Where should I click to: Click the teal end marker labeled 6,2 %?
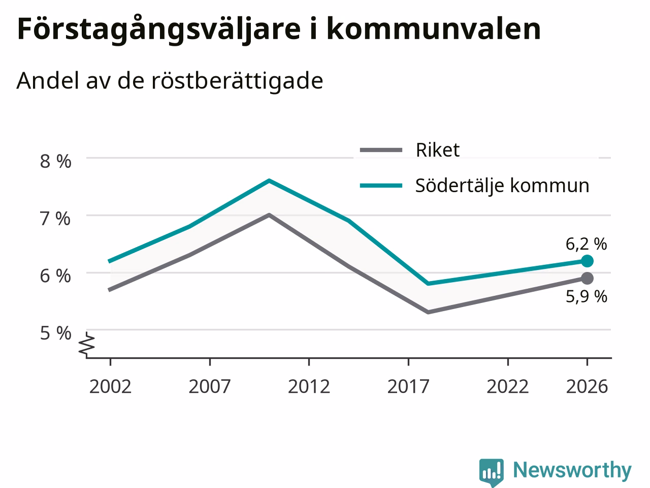coord(587,261)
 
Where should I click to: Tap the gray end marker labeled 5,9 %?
coord(587,278)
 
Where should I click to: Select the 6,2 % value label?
coord(587,245)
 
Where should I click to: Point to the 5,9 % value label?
coord(587,296)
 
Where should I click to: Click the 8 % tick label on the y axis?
coord(56,162)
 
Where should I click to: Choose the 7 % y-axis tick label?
coord(55,219)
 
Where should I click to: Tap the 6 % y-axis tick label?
coord(55,276)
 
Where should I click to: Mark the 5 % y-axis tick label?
coord(56,333)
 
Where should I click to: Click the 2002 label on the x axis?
coord(110,387)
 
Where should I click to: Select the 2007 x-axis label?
coord(210,387)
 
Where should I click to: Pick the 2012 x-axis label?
coord(309,387)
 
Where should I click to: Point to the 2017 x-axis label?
coord(408,387)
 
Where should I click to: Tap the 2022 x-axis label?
coord(508,387)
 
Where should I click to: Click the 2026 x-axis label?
coord(587,387)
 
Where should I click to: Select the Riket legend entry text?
coord(438,150)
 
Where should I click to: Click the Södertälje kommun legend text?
coord(502,186)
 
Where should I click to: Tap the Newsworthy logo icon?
coord(492,472)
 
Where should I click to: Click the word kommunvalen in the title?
coord(434,29)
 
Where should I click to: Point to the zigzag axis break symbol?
coord(86,344)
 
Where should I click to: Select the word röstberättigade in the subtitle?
coord(237,81)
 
